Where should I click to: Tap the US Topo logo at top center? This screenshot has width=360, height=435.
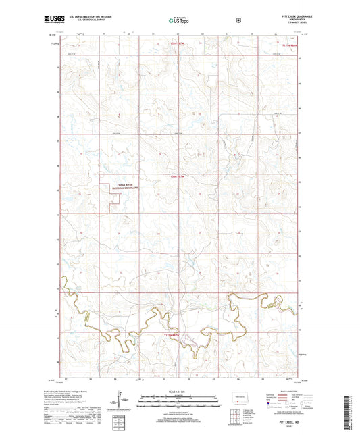point(180,21)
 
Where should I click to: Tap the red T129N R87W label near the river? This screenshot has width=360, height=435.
point(174,336)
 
